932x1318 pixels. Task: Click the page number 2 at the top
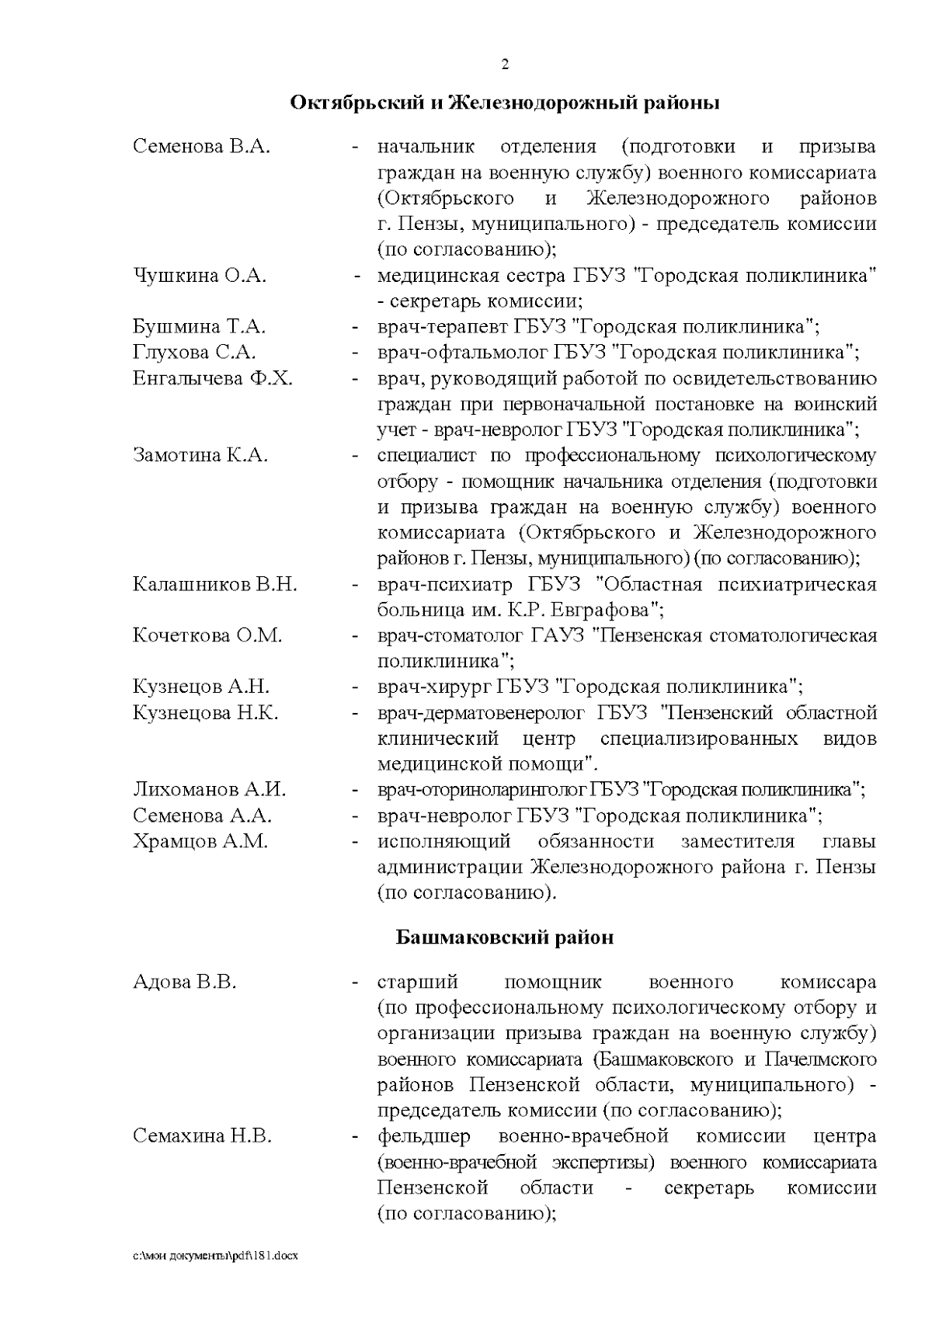point(505,64)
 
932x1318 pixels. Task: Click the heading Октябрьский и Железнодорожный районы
point(504,103)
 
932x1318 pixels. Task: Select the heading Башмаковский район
point(505,937)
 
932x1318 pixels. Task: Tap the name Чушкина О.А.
point(200,276)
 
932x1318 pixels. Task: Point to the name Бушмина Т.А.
point(200,327)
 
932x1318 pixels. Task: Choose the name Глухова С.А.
point(194,353)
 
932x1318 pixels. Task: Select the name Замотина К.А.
point(200,455)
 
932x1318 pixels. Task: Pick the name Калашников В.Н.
point(215,584)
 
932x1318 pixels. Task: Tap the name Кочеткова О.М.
point(207,635)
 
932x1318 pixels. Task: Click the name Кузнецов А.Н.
point(201,687)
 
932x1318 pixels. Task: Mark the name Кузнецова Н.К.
point(206,712)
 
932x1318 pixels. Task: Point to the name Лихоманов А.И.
point(210,790)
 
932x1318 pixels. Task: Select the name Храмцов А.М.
point(200,841)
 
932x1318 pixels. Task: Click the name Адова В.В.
point(185,982)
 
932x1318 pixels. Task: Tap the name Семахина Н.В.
point(203,1137)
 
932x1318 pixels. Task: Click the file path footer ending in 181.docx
point(215,1276)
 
